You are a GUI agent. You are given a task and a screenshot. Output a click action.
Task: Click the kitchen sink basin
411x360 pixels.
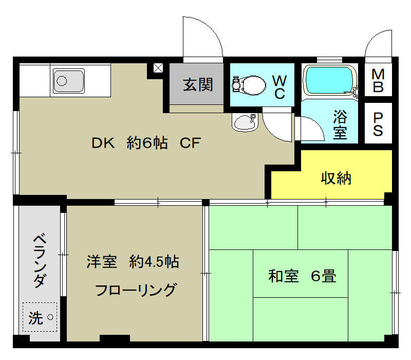click(x=68, y=81)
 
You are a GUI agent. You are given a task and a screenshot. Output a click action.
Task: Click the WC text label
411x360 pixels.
click(x=279, y=87)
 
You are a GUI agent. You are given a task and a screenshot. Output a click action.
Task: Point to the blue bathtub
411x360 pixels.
click(x=330, y=79)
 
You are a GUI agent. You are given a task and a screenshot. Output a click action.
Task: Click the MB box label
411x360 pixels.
click(x=378, y=81)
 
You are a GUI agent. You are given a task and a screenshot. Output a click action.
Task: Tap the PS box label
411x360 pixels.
click(x=378, y=123)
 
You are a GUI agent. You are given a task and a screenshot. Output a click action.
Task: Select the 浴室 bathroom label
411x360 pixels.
click(x=340, y=124)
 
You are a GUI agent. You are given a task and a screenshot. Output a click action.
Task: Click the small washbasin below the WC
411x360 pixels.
click(x=244, y=122)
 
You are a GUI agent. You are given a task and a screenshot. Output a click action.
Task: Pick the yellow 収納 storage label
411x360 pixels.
click(x=336, y=178)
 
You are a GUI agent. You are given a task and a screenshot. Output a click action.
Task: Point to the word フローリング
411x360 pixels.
click(x=136, y=290)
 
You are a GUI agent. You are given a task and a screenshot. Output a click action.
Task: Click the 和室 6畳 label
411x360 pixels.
click(x=302, y=276)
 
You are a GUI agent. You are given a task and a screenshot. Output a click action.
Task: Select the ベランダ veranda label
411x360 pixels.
click(x=39, y=261)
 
